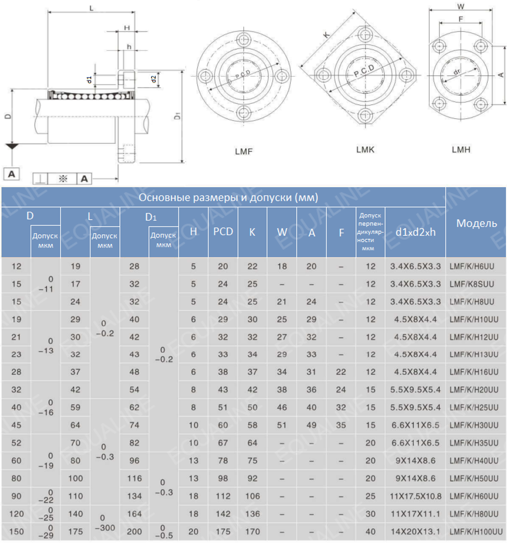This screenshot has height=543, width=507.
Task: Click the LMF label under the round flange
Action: tap(244, 151)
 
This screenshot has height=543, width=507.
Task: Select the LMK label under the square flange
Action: tap(365, 150)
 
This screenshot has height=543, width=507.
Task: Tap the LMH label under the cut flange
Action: tap(461, 150)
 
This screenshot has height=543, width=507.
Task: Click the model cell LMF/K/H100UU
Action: tap(476, 531)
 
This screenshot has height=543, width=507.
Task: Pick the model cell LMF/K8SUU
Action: tap(472, 284)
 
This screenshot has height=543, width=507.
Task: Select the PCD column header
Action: tap(223, 231)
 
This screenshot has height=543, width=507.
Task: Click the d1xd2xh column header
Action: tap(415, 232)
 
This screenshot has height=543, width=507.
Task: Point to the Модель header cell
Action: tap(477, 224)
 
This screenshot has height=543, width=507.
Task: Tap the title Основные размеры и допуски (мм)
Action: tap(228, 197)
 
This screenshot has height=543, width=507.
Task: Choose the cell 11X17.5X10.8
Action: tap(416, 496)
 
